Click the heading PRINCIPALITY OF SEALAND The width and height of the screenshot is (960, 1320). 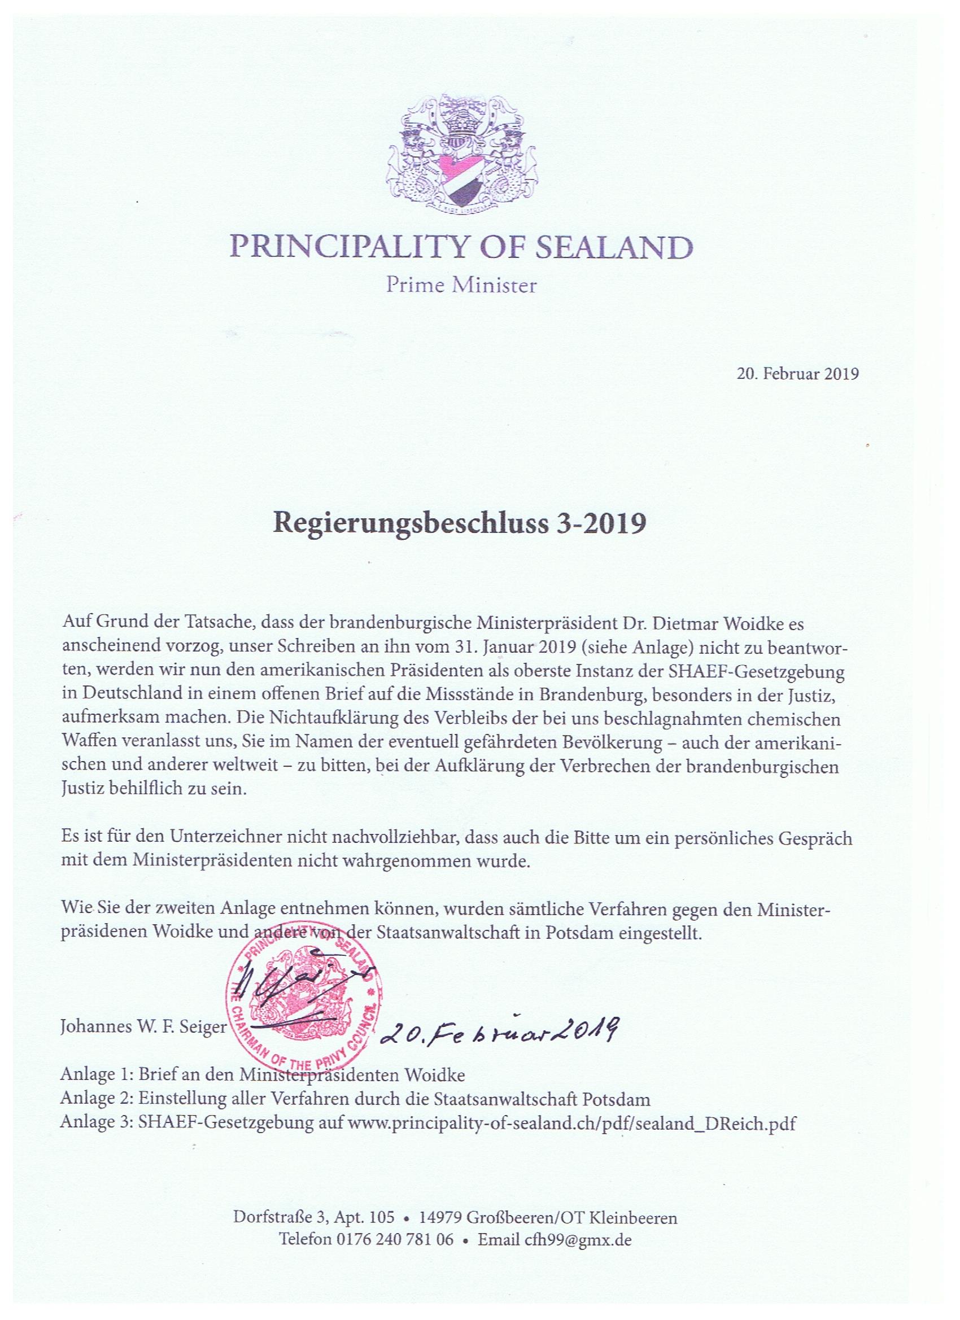462,248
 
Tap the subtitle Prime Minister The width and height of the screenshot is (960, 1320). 462,286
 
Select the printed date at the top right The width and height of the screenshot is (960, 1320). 798,374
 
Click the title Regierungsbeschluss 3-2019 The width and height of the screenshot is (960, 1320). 459,523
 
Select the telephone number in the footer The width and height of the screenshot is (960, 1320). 394,1222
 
